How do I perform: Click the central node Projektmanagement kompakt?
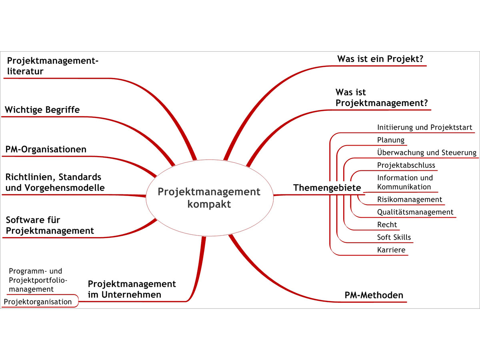pos(209,198)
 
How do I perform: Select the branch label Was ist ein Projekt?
pos(380,59)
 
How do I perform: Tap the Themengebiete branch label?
pos(327,188)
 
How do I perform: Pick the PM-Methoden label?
pos(374,295)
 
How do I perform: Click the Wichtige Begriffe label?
pos(42,110)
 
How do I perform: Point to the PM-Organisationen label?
pos(46,149)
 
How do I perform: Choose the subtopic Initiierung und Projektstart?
pos(425,127)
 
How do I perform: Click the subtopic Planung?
pos(391,140)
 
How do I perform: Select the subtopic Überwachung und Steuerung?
pos(427,152)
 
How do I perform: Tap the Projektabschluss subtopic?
pos(406,165)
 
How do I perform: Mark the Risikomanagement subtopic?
pos(410,199)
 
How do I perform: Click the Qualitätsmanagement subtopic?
pos(415,212)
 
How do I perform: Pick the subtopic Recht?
pos(387,224)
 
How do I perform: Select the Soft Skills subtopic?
pos(394,237)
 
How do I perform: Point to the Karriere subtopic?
pos(391,250)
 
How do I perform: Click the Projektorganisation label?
pos(38,302)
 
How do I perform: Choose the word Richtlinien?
pos(30,177)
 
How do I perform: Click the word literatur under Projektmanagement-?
pos(25,71)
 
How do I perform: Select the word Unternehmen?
pos(132,295)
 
